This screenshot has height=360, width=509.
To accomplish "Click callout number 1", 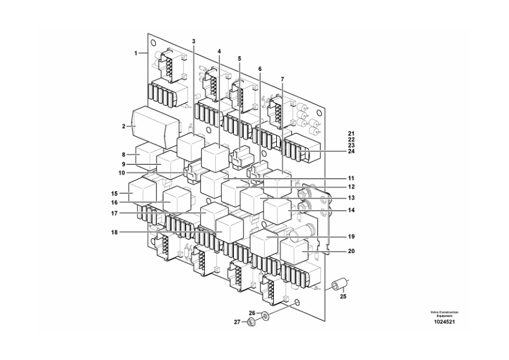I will pos(136,53).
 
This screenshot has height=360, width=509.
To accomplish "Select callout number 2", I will pos(123,126).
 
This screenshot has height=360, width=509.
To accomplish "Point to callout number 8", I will pos(124,155).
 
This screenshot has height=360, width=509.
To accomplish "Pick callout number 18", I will pos(123,232).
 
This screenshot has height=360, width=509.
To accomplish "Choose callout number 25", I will pos(343,297).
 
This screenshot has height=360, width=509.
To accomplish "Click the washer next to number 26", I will pos(266,315).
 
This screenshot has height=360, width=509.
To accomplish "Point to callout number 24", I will pos(351,152).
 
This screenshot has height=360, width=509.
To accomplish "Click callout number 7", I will pos(282,79).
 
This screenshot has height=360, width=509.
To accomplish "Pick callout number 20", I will pos(351,250).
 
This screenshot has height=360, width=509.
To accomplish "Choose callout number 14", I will pos(351,211).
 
